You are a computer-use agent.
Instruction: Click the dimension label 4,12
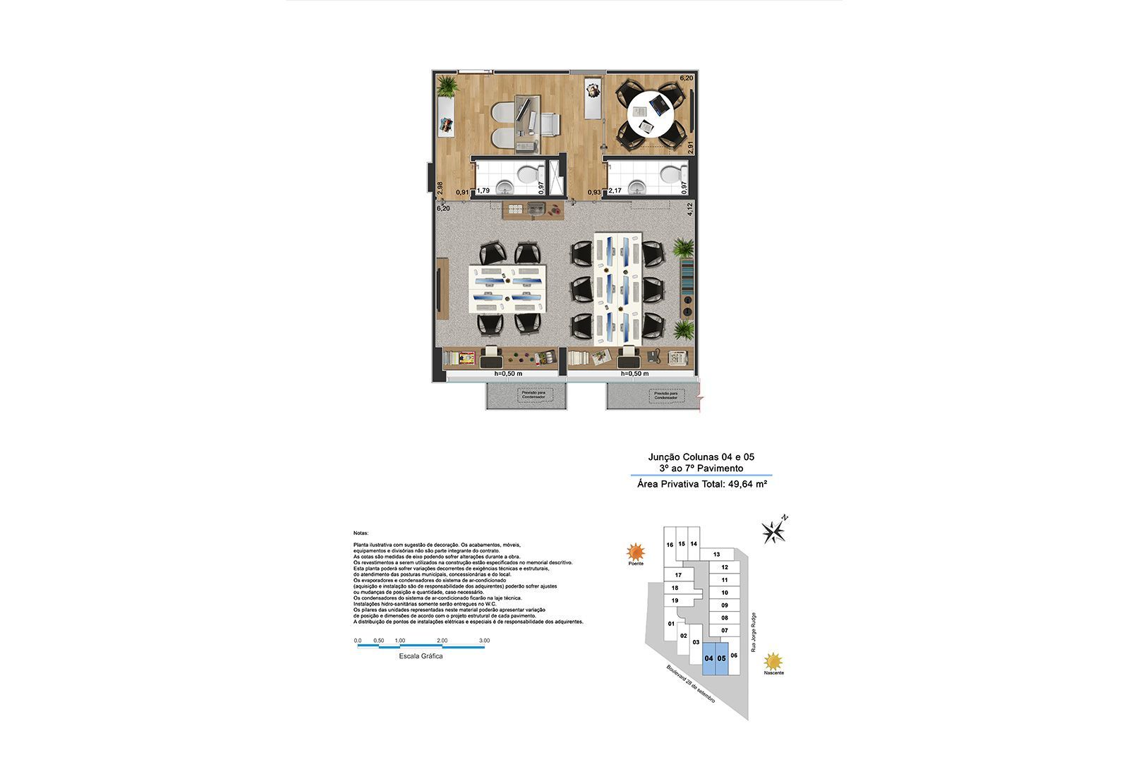tap(691, 209)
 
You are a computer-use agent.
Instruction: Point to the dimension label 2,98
tap(440, 188)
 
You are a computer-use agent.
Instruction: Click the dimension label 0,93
tap(594, 192)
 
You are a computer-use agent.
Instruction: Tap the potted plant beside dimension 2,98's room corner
tap(446, 87)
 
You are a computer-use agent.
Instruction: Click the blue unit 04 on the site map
tap(708, 658)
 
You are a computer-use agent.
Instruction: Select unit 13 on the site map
tap(716, 555)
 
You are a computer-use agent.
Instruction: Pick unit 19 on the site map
tap(675, 600)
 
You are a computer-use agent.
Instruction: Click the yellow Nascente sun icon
tap(774, 661)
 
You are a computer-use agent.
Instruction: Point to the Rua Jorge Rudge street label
tap(754, 631)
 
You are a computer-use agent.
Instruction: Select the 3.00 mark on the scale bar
tap(484, 641)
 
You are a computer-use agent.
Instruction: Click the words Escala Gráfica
tap(421, 656)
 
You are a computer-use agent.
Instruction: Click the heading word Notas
tap(361, 533)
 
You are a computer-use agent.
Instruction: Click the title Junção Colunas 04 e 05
tap(701, 457)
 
